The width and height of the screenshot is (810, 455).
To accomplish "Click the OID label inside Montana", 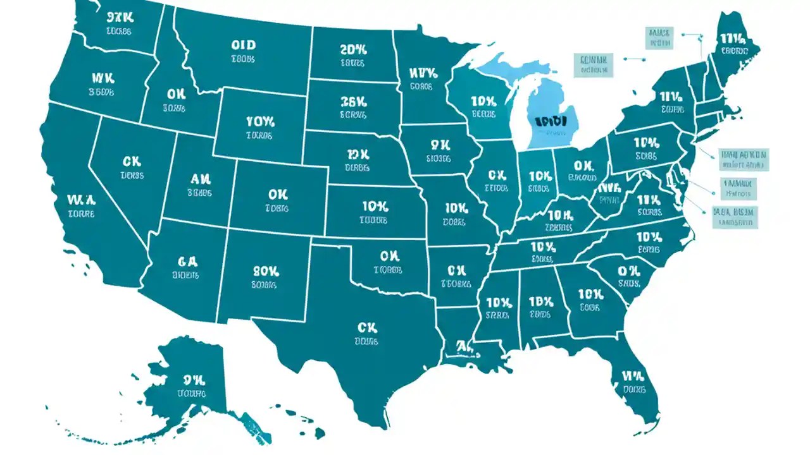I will click(x=243, y=45).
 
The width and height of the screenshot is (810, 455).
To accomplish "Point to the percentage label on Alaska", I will click(x=193, y=380).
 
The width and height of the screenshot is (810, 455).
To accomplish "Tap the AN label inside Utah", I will click(x=201, y=179).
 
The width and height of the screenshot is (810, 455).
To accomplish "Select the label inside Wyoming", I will click(x=260, y=121).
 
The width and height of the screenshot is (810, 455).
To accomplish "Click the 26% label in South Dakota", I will click(x=352, y=101).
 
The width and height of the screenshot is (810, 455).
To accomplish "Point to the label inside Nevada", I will click(x=132, y=162).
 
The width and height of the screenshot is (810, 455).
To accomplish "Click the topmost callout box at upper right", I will click(x=659, y=37).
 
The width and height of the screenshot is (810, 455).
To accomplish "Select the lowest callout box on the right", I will click(x=735, y=216).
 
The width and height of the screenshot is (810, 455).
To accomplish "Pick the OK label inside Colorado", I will click(x=277, y=194).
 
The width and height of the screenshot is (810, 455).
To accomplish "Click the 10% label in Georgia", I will click(x=589, y=294).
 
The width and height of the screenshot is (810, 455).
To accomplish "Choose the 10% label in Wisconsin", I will click(x=483, y=101).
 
